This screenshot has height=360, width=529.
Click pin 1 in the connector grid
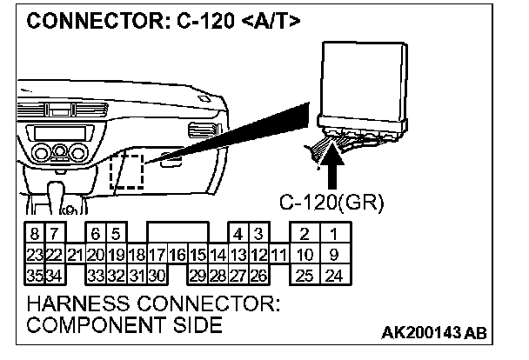point(332,234)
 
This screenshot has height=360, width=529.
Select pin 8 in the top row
point(33,234)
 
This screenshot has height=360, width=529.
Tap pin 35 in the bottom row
point(33,277)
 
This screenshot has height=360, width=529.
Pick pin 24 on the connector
point(332,277)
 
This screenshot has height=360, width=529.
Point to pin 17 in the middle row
point(157,255)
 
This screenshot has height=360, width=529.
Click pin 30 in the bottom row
point(157,277)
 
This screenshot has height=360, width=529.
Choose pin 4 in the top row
point(238,234)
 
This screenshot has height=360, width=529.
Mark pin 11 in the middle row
point(278,255)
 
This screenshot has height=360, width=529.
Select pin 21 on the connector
point(75,255)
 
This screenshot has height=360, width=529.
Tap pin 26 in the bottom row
point(258,277)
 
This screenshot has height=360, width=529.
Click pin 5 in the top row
point(115,234)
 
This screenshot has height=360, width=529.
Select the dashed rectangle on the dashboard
point(127,170)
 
